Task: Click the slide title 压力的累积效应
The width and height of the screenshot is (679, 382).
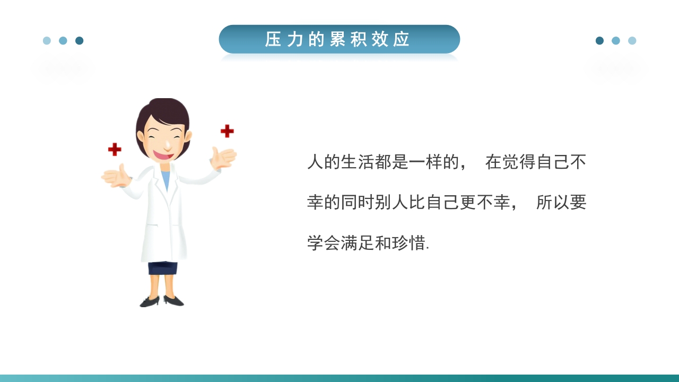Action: point(338,39)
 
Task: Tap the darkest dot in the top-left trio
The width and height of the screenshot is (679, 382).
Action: point(79,41)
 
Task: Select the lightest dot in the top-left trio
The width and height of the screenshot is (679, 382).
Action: point(47,41)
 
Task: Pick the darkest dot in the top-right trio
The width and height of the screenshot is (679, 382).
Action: point(599,41)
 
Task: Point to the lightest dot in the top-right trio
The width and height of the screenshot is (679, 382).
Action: point(632,41)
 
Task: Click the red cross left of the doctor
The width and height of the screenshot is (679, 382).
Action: point(115,150)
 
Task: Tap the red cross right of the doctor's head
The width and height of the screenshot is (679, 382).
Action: point(227,131)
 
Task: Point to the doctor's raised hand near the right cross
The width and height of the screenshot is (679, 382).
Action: point(223,158)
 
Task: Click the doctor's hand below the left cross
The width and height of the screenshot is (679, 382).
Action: point(117,177)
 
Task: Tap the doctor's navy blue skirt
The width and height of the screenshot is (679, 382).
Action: point(162,268)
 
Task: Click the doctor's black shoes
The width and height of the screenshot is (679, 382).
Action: point(162,301)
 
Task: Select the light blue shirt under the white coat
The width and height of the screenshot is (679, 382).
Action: point(166,179)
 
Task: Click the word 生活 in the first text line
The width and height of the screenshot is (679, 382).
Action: point(358,162)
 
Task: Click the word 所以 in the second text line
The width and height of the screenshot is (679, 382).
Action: point(553,203)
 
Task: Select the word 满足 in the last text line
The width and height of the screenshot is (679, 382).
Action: point(358,243)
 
